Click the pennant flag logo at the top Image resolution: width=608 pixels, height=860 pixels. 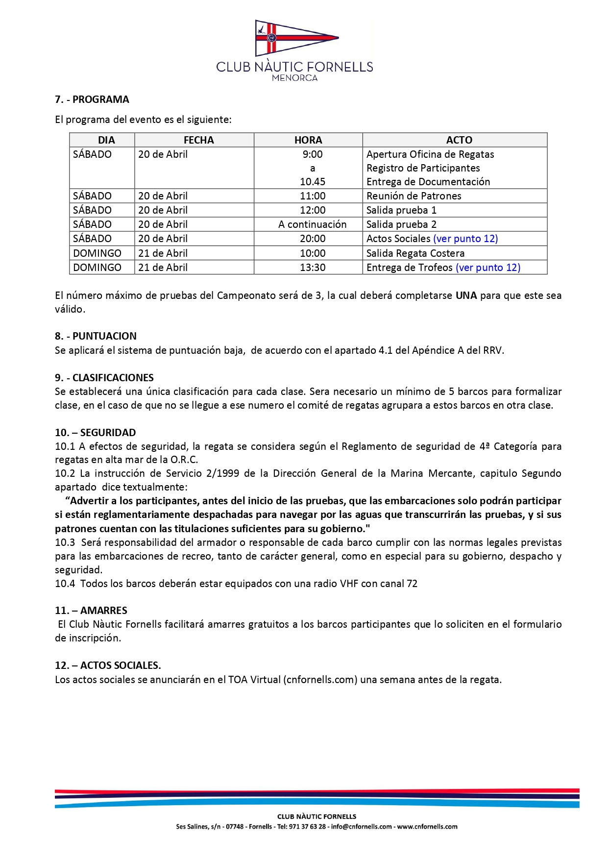coord(296,38)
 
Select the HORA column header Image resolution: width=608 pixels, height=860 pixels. coord(308,140)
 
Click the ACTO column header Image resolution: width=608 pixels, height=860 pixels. coord(459,140)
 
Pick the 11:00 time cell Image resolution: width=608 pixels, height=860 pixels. coord(313,196)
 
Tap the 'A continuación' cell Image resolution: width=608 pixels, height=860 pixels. coord(313,224)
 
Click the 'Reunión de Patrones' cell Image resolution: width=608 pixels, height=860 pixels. coord(414,196)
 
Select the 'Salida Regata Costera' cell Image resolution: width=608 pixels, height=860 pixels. coord(415,253)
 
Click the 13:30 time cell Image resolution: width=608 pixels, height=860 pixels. coord(313,268)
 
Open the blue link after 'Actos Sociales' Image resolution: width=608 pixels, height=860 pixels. coord(465,239)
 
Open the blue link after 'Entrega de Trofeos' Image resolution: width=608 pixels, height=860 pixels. coord(488,268)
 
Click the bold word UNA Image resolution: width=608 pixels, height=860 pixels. coord(466,295)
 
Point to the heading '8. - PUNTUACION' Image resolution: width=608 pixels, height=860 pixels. coord(96,336)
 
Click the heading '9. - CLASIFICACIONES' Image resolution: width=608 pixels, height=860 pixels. coord(104,378)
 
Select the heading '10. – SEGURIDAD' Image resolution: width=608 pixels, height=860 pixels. coord(96,433)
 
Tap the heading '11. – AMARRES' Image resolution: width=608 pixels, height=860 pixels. coord(91,611)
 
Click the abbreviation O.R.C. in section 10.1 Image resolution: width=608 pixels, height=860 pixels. coord(184,460)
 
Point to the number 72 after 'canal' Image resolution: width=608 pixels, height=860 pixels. coord(412,584)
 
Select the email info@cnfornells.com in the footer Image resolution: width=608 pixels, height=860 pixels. coord(362,827)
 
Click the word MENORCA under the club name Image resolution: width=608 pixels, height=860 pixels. coord(294,78)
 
